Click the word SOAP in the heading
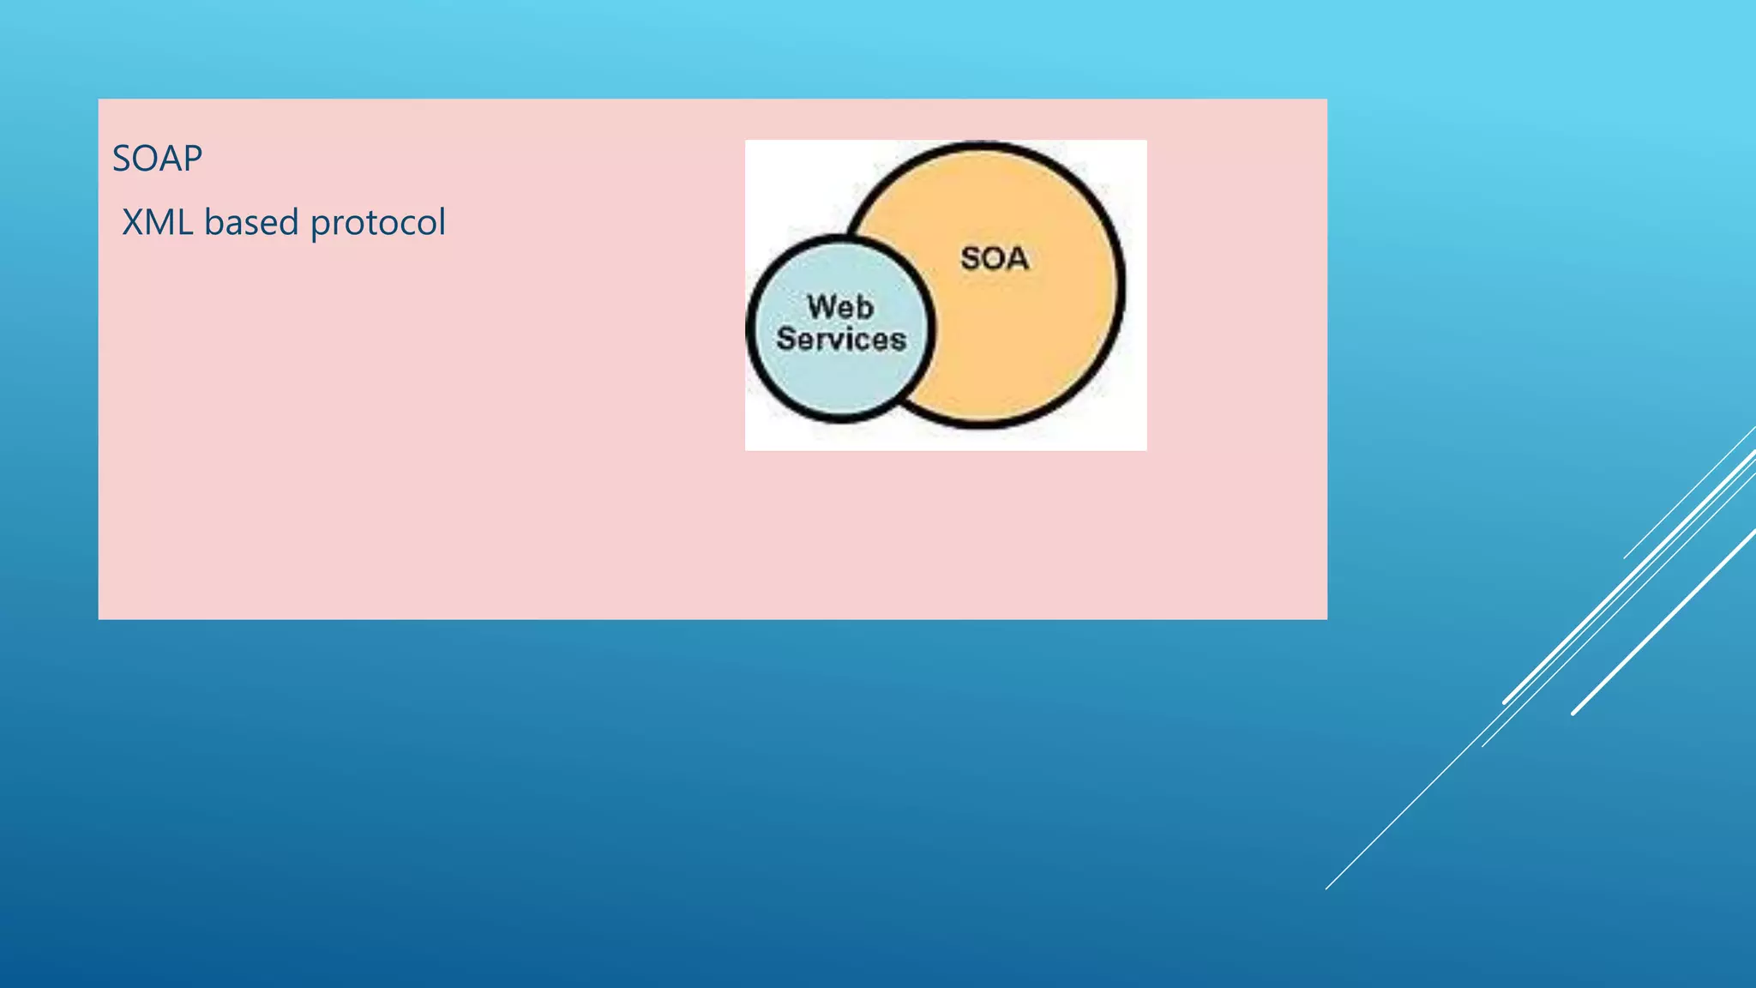point(157,159)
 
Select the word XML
point(157,223)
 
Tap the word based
point(251,223)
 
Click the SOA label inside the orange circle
point(995,258)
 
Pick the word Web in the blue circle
point(840,307)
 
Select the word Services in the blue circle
point(841,340)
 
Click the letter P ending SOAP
point(193,159)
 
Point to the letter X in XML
point(133,223)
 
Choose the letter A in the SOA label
point(1017,258)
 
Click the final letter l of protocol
point(442,222)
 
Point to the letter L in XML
point(183,223)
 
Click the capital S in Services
point(785,340)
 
